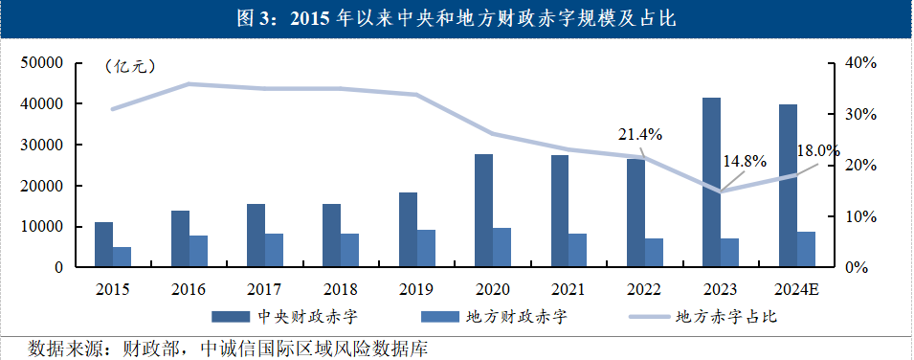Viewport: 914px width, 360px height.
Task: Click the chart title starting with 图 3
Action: tap(457, 18)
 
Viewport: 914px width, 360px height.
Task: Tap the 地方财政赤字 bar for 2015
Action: tap(122, 257)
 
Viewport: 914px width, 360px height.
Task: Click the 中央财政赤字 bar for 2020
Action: tap(483, 211)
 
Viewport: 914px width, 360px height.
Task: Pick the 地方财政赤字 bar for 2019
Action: tap(426, 248)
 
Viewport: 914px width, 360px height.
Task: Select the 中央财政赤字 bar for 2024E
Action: tap(788, 186)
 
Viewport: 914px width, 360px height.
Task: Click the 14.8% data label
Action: tap(744, 161)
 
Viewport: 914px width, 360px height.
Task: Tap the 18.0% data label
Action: tap(816, 151)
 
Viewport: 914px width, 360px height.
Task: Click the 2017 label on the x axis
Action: tap(264, 287)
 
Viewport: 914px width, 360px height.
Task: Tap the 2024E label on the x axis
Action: tap(795, 287)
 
